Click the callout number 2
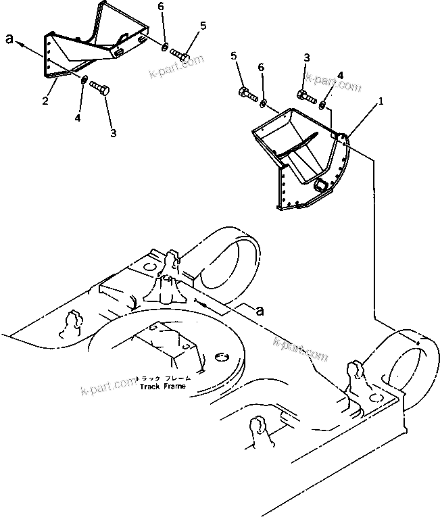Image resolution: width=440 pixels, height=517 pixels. coord(45,101)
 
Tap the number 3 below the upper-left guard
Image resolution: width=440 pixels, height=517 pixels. coord(112,133)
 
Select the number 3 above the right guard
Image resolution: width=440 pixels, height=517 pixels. coord(306,57)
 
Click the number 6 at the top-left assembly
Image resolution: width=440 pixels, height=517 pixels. coord(160,6)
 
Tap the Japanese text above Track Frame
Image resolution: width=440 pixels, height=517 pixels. coord(163,378)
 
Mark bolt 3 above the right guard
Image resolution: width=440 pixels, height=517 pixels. coord(306,96)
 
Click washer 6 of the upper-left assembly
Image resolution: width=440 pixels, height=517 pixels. coord(165,46)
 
